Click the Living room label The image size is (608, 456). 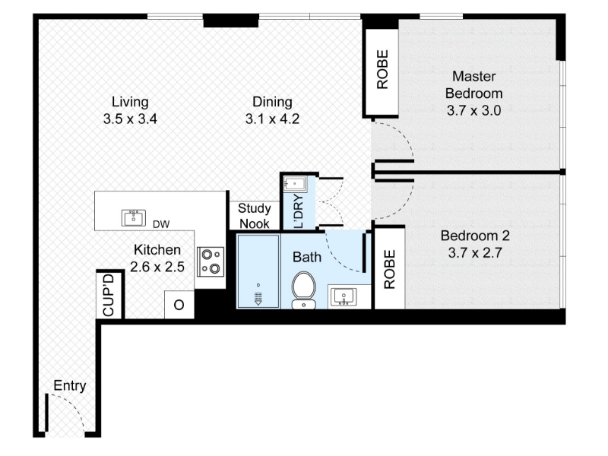(x=130, y=102)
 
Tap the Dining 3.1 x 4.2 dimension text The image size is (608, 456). (x=272, y=119)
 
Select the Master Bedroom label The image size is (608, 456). (x=473, y=85)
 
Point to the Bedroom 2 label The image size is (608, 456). (x=475, y=236)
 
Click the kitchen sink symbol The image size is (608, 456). (x=134, y=217)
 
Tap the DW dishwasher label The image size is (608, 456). (x=161, y=224)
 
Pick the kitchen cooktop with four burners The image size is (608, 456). (x=211, y=261)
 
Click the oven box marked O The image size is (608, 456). (x=179, y=305)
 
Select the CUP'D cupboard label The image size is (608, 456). (x=109, y=295)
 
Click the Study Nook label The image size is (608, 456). (x=255, y=216)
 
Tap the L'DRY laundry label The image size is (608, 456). (x=299, y=211)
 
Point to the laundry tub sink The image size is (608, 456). (x=295, y=183)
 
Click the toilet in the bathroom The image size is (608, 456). (x=303, y=290)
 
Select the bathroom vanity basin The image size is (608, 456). (x=344, y=297)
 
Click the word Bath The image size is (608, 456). (x=307, y=257)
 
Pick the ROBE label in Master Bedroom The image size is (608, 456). (x=382, y=69)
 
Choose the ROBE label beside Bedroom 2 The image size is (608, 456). (x=389, y=269)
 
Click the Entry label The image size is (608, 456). (x=70, y=386)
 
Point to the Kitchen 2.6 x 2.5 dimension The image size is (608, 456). (x=157, y=268)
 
